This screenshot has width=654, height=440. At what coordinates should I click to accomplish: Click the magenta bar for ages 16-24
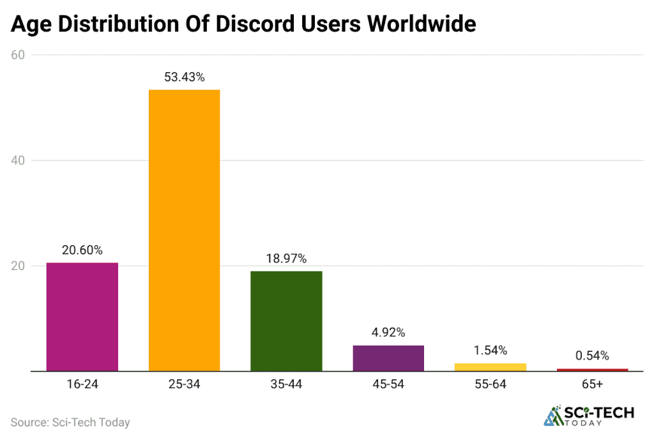(x=82, y=317)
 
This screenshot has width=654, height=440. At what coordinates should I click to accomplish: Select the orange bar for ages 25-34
(x=185, y=230)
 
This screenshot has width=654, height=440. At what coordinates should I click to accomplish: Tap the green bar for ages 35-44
(x=286, y=321)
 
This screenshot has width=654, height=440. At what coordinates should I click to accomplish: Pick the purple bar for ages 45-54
(x=388, y=358)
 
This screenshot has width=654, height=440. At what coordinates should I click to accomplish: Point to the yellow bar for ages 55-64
(x=490, y=367)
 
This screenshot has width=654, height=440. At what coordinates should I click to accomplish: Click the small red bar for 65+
(x=593, y=370)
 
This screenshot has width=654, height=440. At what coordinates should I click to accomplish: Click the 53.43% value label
(x=185, y=77)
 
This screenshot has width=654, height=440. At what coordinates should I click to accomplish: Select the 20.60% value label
(x=82, y=250)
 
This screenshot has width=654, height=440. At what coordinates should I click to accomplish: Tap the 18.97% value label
(x=286, y=259)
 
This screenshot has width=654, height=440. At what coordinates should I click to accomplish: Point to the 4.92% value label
(x=388, y=333)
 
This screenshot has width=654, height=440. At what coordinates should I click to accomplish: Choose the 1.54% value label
(x=490, y=351)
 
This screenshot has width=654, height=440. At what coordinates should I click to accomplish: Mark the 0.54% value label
(x=593, y=356)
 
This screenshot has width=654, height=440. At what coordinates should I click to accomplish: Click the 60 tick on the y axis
(x=18, y=55)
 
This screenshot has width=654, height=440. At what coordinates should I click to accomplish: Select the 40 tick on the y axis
(x=18, y=160)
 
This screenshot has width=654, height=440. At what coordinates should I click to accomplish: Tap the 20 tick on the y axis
(x=18, y=266)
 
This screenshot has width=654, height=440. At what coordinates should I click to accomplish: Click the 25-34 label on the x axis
(x=185, y=384)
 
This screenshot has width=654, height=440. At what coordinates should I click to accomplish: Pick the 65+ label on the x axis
(x=593, y=384)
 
